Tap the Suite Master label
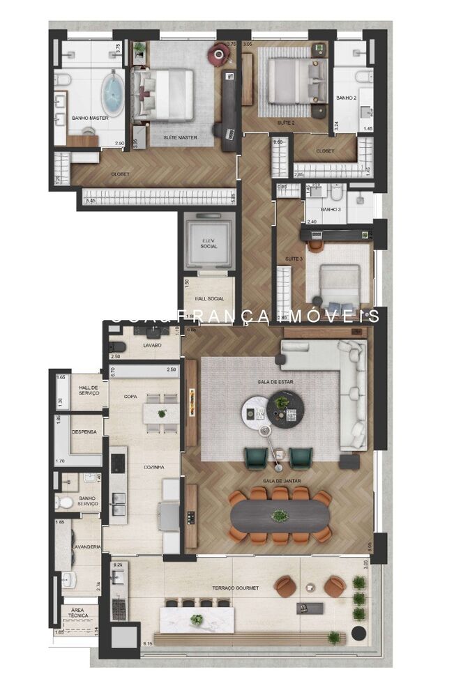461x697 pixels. click(180, 138)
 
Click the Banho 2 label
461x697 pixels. click(347, 98)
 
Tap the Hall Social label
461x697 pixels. click(209, 299)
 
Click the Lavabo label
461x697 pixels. click(153, 345)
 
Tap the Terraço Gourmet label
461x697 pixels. click(235, 588)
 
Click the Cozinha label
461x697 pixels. click(153, 467)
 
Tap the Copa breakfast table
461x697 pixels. click(162, 413)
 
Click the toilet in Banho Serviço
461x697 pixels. click(66, 502)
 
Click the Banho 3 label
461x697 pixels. click(329, 209)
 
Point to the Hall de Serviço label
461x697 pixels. click(89, 390)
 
